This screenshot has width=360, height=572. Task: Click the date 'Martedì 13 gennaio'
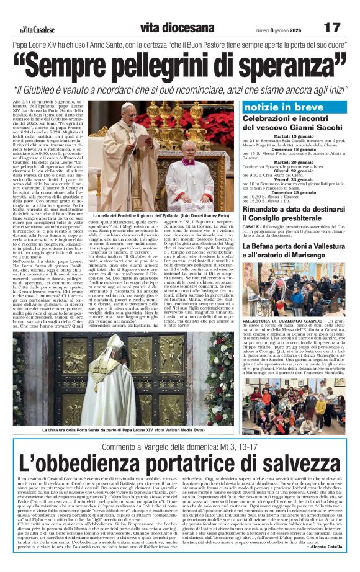(x=295, y=136)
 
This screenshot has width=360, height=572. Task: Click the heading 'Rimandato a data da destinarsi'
(x=294, y=210)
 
